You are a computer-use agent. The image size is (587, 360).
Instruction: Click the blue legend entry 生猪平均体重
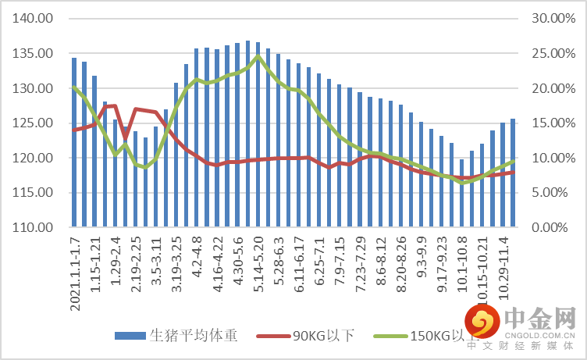point(176,336)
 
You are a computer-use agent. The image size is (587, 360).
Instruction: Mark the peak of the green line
point(258,56)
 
